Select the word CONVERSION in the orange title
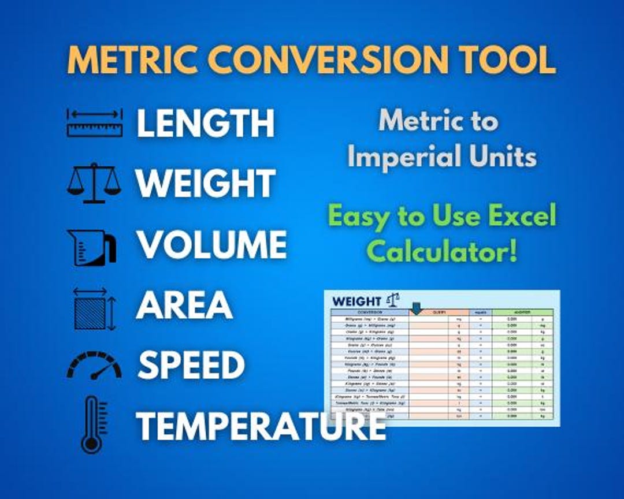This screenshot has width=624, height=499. tap(324, 59)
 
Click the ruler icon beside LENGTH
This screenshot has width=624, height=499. tap(94, 122)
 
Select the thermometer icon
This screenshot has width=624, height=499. tap(92, 424)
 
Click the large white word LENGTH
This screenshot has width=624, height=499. tap(205, 123)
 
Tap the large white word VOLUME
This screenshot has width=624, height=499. tap(211, 244)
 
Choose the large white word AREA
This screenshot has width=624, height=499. tap(184, 305)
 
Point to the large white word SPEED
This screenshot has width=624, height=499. tap(191, 365)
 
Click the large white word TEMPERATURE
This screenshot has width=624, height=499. tap(261, 425)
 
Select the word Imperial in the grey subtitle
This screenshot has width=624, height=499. tap(398, 157)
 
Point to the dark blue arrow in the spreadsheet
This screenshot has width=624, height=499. tap(415, 309)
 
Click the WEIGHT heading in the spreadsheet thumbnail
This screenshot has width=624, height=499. tap(357, 301)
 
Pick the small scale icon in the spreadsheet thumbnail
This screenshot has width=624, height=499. tap(393, 299)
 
